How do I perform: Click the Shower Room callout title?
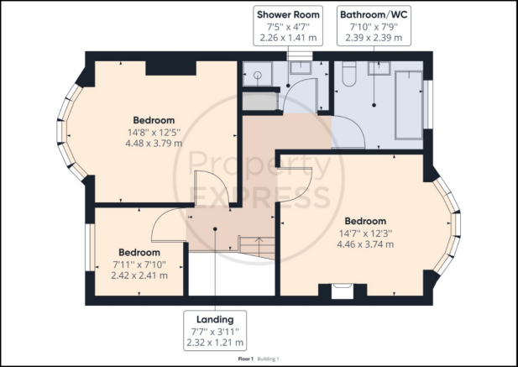[x=288, y=15]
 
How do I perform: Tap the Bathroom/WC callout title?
[x=374, y=15]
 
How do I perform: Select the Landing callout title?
[x=215, y=319]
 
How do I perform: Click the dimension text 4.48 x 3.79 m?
[x=154, y=144]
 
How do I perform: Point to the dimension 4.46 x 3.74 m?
[x=365, y=244]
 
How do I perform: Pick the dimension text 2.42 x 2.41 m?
[x=139, y=275]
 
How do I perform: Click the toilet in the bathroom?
[x=349, y=73]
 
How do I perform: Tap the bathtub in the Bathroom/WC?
[x=409, y=105]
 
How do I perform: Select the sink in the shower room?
[x=301, y=68]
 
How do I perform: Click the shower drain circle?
[x=258, y=75]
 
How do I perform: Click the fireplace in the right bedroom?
[x=343, y=291]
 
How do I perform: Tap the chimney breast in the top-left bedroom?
[x=171, y=68]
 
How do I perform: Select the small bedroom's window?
[x=88, y=248]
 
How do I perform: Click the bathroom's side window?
[x=428, y=104]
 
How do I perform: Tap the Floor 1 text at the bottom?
[x=245, y=359]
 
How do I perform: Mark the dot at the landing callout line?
[x=215, y=229]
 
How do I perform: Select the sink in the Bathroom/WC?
[x=379, y=68]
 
